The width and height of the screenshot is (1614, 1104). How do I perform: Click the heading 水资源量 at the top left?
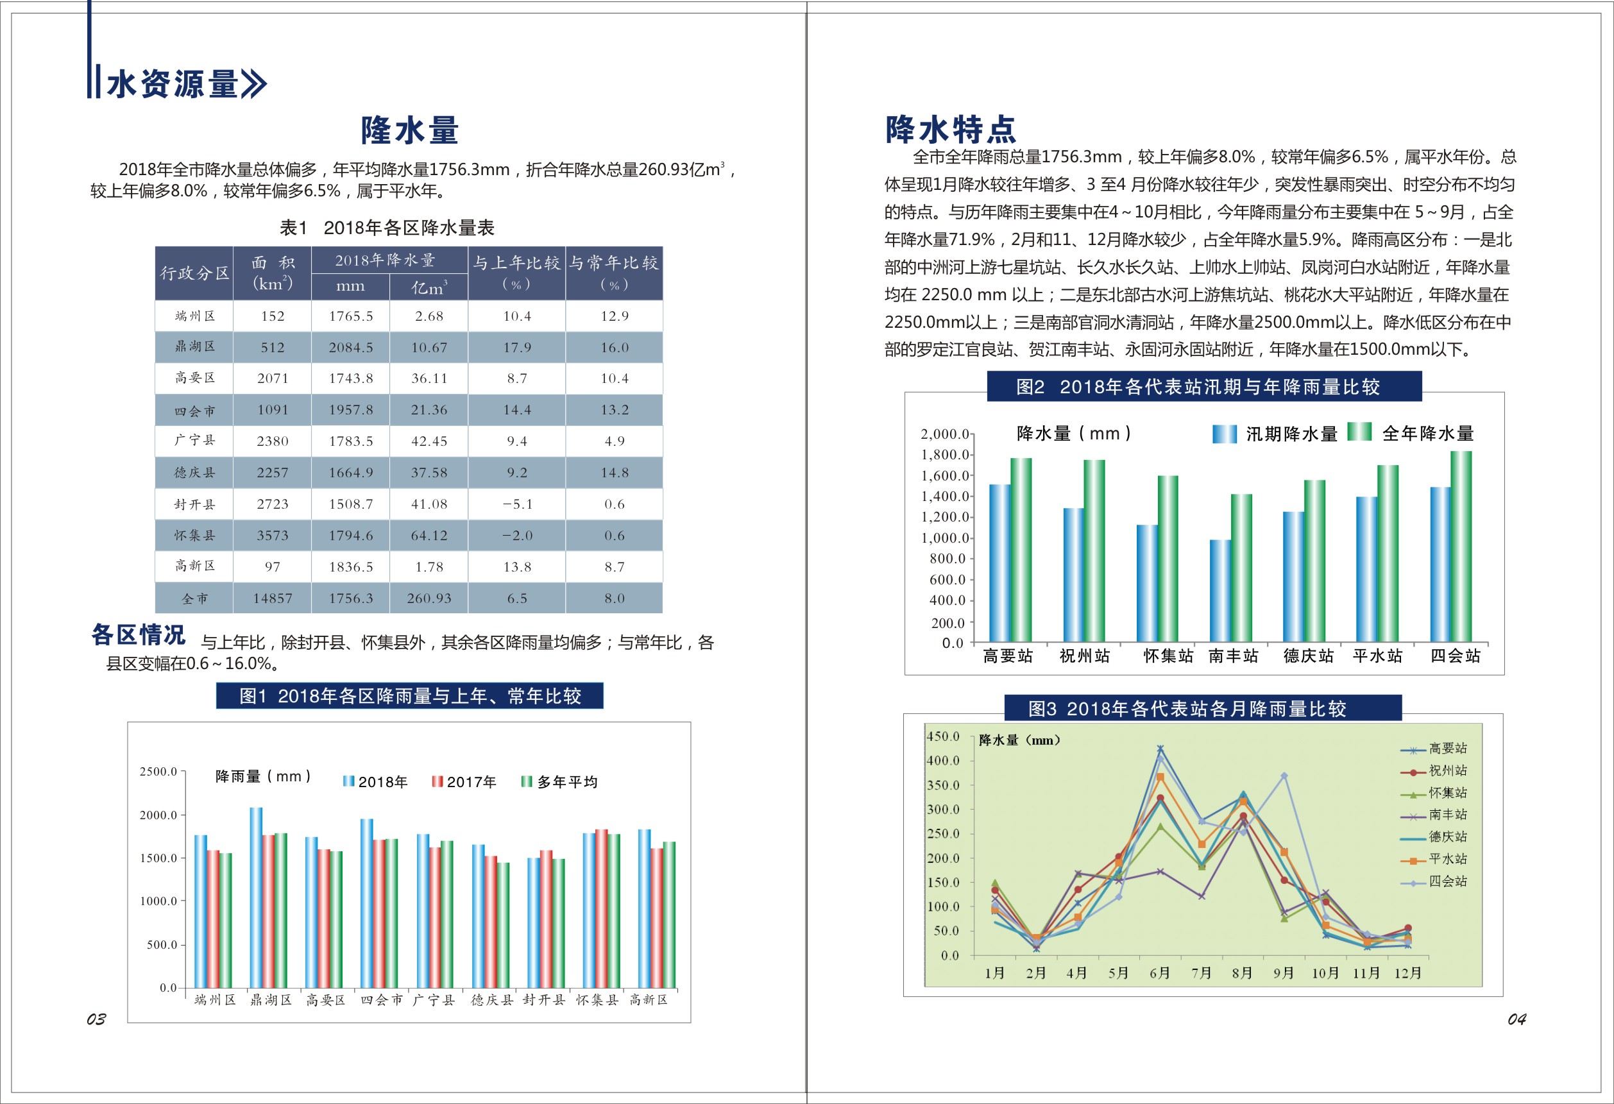tap(174, 84)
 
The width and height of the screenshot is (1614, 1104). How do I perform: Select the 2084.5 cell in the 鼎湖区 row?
tap(351, 347)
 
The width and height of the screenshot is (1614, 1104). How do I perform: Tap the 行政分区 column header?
tap(194, 273)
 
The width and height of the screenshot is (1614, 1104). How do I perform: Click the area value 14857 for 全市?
tap(272, 599)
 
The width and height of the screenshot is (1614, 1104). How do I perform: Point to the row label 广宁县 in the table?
tap(194, 440)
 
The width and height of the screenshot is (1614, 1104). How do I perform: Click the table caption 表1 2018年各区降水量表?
tap(387, 228)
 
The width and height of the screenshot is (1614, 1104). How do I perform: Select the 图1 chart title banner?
tap(410, 696)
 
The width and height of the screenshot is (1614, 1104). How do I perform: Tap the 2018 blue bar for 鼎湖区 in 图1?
tap(256, 896)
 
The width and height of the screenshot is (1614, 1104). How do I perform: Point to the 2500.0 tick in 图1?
tap(158, 772)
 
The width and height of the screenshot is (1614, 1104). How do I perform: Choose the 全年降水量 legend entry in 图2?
tap(1411, 433)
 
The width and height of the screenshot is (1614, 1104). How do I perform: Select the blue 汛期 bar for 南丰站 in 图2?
tap(1220, 590)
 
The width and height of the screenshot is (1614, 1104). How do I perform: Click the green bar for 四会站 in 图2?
tap(1461, 546)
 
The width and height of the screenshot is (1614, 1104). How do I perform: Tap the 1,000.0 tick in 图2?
tap(944, 538)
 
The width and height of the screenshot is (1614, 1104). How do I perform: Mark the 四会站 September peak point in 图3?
tap(1284, 776)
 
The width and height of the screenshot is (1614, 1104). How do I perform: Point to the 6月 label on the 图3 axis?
tap(1160, 972)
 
